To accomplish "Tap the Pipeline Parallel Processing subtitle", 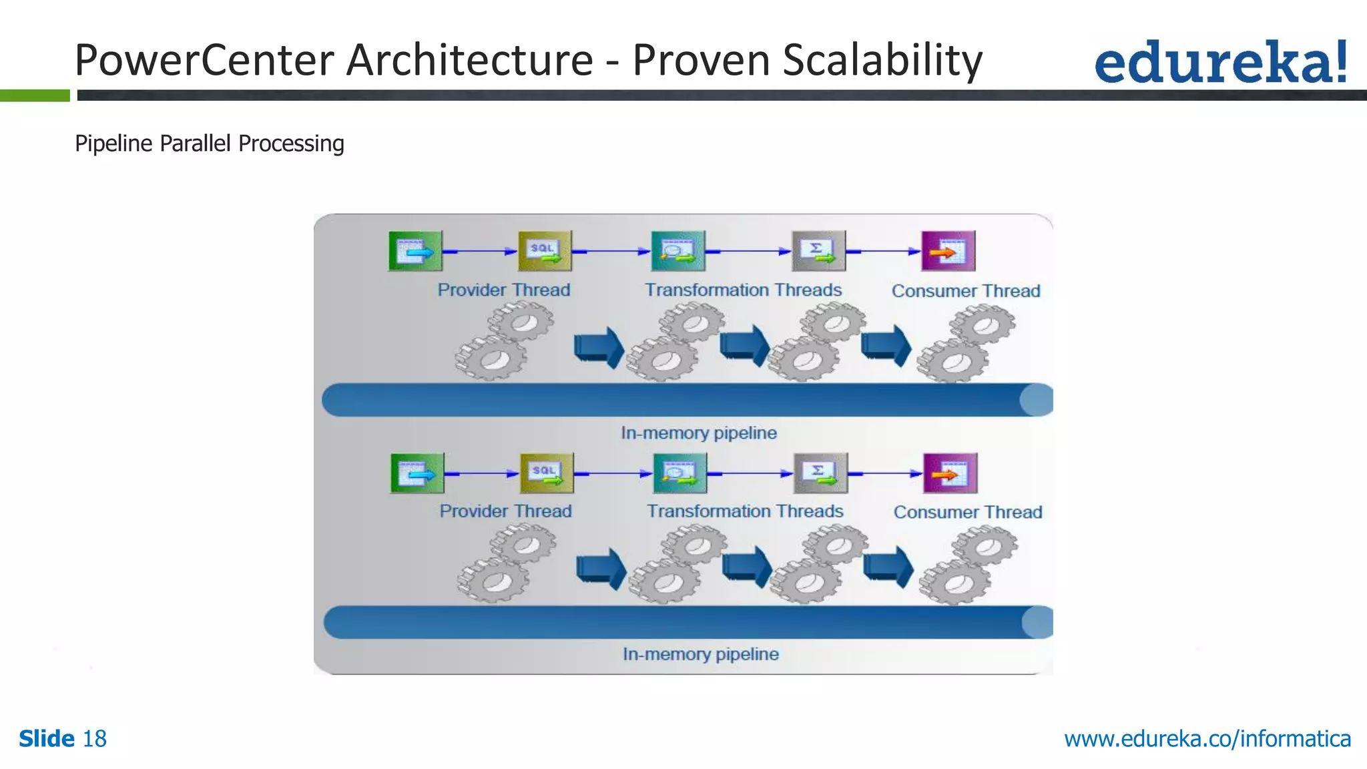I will [210, 144].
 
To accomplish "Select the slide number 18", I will [94, 739].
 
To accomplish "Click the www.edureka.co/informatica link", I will [1207, 739].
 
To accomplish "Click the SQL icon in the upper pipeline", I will [545, 251].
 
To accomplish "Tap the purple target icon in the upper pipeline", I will [948, 251].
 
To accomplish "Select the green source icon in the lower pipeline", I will [417, 473].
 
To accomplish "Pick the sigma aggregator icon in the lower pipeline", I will [820, 473].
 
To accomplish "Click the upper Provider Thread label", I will [504, 290].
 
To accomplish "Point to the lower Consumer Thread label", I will [968, 512].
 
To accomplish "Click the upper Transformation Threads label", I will [743, 290].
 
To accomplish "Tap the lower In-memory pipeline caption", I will [701, 654].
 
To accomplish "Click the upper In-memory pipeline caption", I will [699, 433].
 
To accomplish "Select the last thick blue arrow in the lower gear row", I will [888, 567].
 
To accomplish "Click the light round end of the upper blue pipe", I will [1037, 400].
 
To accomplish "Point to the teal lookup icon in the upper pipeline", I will [677, 251].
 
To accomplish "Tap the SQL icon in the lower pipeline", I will [547, 473].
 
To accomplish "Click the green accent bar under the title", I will [35, 95].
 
